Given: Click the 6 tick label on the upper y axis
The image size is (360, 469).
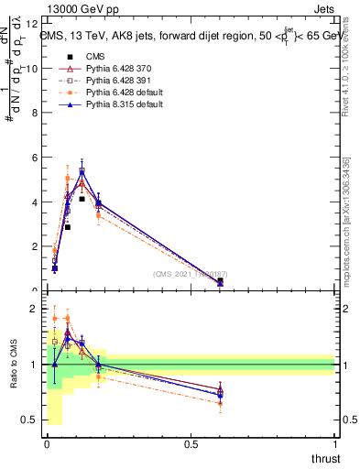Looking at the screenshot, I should (x=34, y=158).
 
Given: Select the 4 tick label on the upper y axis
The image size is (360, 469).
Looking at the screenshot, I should (x=34, y=202).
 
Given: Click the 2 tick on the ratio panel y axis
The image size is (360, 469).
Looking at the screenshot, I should (x=34, y=309).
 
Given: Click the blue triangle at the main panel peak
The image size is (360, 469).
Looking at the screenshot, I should (x=82, y=171).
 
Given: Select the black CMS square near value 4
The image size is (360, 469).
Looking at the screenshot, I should (x=82, y=199).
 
